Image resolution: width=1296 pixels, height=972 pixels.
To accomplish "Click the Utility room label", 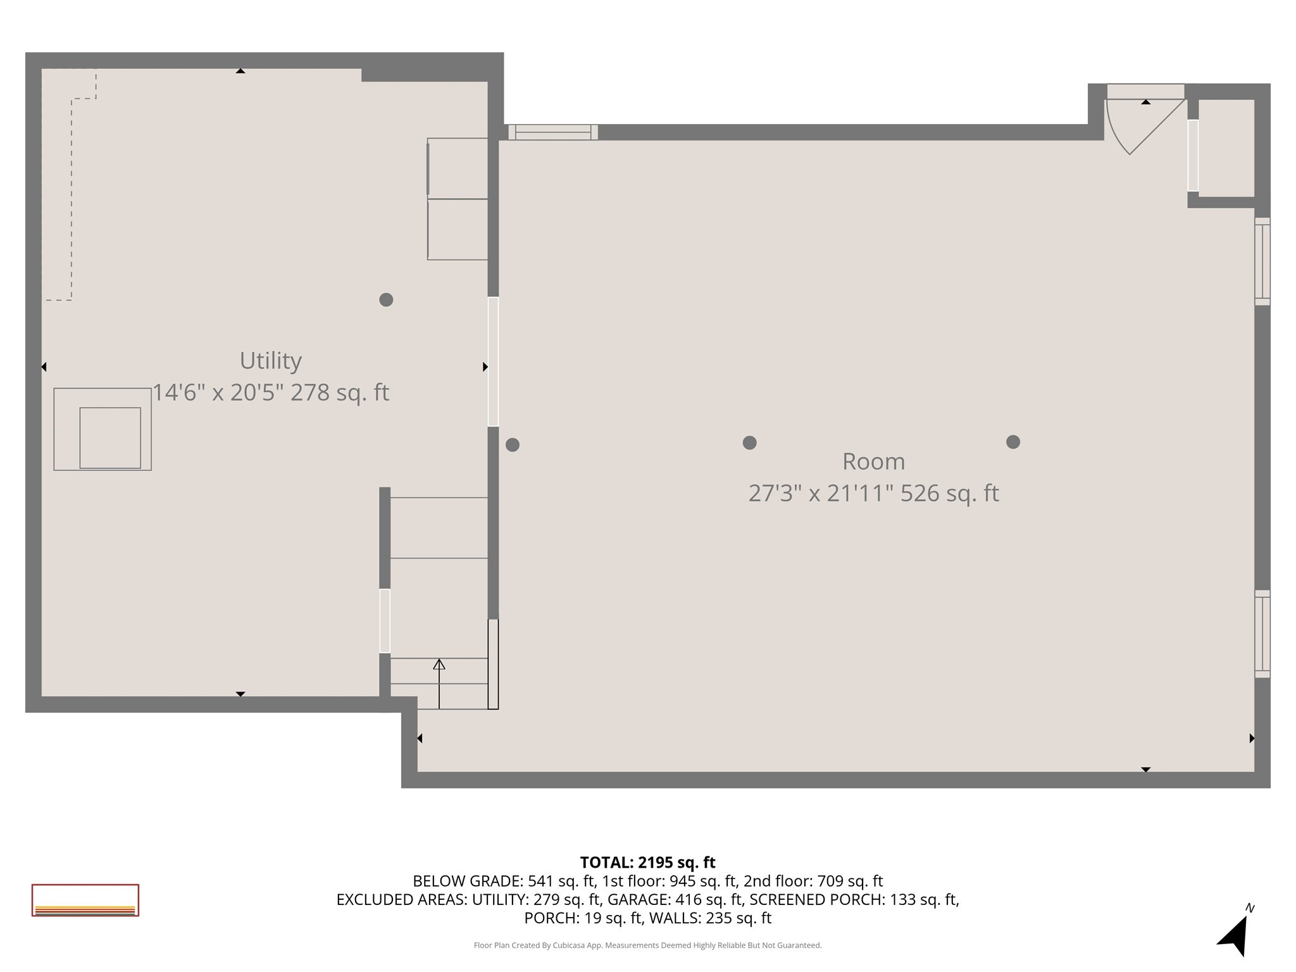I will (x=270, y=361).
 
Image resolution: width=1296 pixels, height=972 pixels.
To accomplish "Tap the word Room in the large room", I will (x=873, y=461).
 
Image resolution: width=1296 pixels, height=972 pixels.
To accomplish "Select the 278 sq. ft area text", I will (x=339, y=393).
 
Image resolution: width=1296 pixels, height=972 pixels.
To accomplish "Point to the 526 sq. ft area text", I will (x=949, y=493).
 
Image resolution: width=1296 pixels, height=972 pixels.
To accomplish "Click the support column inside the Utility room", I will (x=386, y=300).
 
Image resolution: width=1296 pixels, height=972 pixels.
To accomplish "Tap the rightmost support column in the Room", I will (x=1013, y=442).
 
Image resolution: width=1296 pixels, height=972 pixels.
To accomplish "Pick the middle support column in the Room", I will (x=749, y=442).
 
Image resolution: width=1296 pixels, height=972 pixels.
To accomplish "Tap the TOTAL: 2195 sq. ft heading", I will (x=647, y=863).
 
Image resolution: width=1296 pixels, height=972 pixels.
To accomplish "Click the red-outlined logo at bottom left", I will (x=85, y=900).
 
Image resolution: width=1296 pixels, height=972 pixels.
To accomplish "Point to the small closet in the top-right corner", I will (x=1226, y=148).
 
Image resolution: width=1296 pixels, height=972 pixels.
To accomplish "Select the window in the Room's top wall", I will (x=553, y=132).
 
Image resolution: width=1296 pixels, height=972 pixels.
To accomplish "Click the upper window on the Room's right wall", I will (x=1262, y=261).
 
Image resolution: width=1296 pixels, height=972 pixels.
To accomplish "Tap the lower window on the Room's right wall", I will (x=1262, y=633).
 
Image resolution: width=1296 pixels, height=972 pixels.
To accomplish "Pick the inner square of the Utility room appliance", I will (x=110, y=438).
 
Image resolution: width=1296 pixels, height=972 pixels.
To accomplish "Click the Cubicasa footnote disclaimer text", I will (x=647, y=945).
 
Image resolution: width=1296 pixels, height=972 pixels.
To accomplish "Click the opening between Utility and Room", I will (x=493, y=361).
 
